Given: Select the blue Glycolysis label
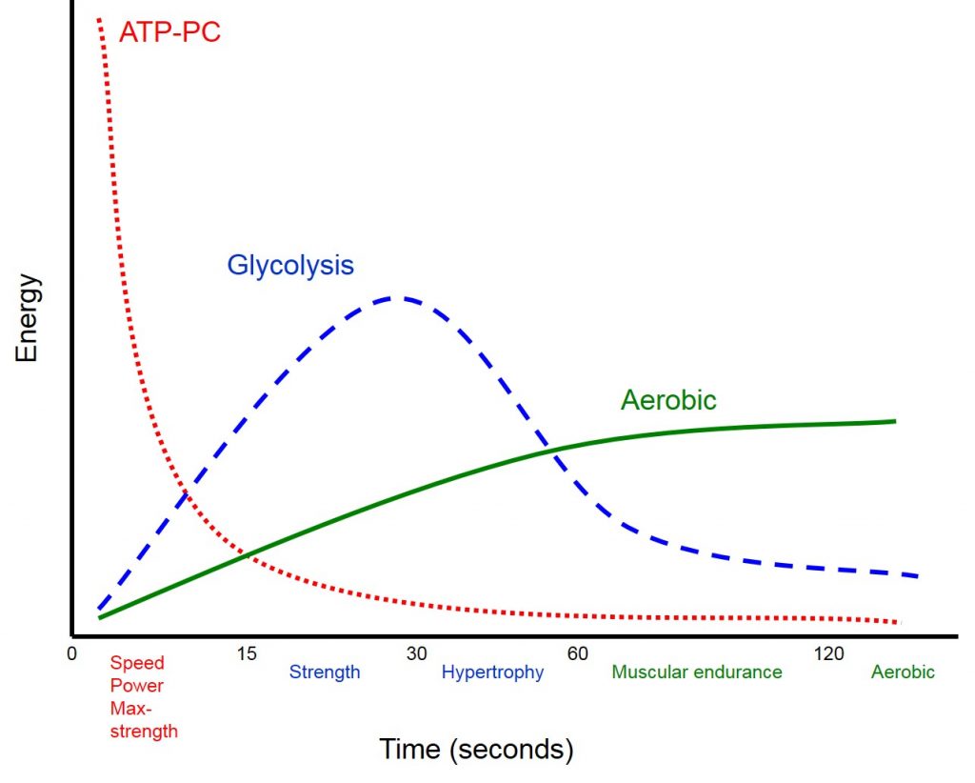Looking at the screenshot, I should click(290, 265).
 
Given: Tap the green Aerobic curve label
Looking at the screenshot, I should click(668, 400).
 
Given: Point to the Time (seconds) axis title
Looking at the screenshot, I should click(476, 750).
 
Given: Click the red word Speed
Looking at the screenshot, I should click(137, 664).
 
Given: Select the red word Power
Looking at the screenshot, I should click(137, 686).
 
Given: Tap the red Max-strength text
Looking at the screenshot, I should click(144, 720).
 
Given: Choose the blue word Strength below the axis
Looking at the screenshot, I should click(325, 673).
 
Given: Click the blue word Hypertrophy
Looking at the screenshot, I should click(492, 673).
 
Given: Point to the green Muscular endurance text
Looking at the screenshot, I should click(696, 673).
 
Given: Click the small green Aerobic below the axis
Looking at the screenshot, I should click(903, 673).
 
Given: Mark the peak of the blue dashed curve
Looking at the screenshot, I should click(395, 298).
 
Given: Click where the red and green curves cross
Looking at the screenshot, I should click(247, 553).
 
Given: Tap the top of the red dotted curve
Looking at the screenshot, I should click(99, 19).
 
